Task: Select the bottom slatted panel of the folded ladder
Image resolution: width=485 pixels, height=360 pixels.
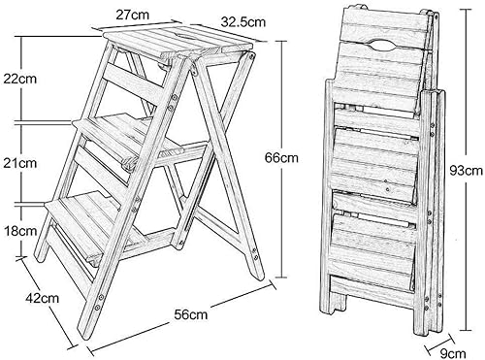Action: pyautogui.click(x=378, y=243)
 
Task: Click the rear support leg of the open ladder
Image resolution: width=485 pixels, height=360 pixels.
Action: pyautogui.click(x=233, y=175)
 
